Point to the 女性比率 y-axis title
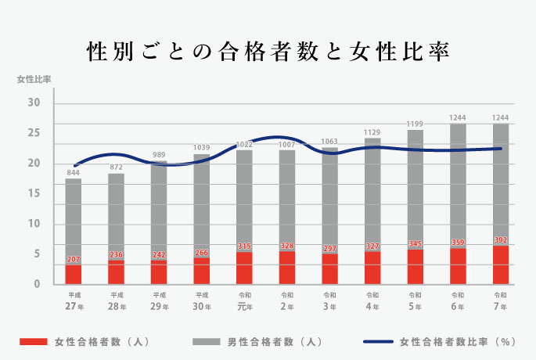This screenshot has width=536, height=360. pos(34,80)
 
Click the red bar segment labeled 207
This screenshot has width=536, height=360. pos(74,275)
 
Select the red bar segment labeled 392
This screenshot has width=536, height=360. pos(501,265)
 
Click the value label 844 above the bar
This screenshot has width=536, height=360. pos(74,173)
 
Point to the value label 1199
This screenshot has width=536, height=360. pos(415,124)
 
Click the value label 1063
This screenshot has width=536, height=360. pos(330,142)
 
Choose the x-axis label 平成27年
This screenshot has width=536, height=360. pos(74,301)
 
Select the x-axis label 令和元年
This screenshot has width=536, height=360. pos(244,301)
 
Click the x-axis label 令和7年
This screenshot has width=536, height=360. pos(501,301)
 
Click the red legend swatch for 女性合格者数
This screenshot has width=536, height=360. pos(32,342)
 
